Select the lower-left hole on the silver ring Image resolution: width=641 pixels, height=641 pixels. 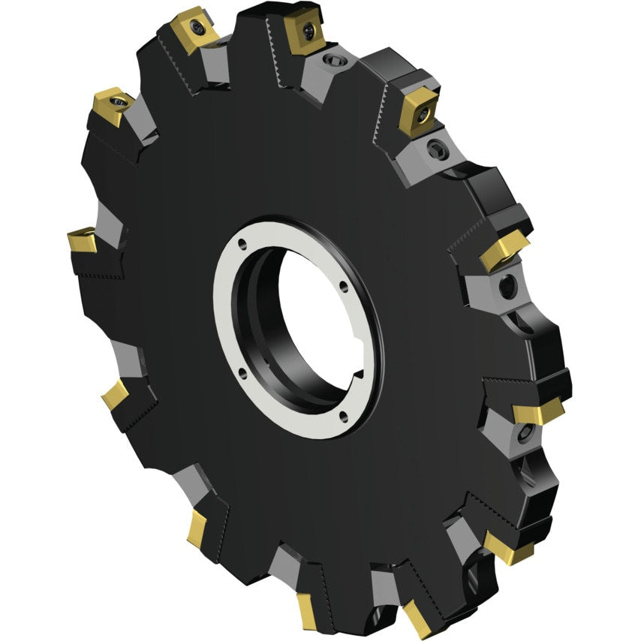pyautogui.click(x=242, y=369)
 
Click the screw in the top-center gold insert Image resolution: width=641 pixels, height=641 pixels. pyautogui.click(x=308, y=30)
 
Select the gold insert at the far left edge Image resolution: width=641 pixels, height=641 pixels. pyautogui.click(x=80, y=241)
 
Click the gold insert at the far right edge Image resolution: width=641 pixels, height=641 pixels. pyautogui.click(x=538, y=410)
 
